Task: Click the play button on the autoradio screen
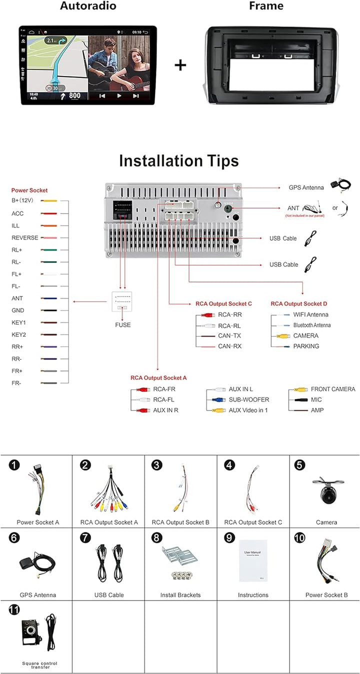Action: [x=119, y=95]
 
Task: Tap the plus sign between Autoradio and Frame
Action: [x=180, y=65]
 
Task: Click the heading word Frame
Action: [x=266, y=6]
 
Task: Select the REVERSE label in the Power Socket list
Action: [x=25, y=238]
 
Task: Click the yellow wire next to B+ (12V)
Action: [x=49, y=201]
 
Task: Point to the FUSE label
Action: [x=122, y=325]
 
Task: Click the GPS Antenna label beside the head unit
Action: [x=306, y=187]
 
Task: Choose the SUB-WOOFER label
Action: [x=249, y=399]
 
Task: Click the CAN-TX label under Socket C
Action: [x=229, y=335]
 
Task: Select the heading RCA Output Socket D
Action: [x=299, y=303]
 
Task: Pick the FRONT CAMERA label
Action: [x=333, y=389]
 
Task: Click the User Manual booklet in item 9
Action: [x=253, y=560]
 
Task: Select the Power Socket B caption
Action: [x=326, y=595]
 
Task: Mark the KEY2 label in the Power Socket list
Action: [x=18, y=334]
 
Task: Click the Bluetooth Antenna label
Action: [x=312, y=325]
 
